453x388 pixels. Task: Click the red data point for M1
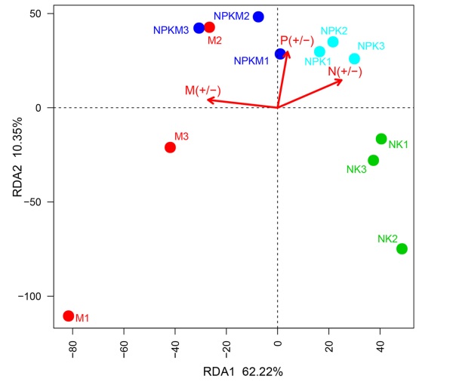[69, 316]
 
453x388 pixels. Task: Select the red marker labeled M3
[171, 147]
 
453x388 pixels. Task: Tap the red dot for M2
[209, 27]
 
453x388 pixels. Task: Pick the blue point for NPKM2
[258, 17]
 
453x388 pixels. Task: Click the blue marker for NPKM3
[199, 28]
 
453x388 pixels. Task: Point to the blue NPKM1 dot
[280, 54]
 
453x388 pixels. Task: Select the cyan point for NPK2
[333, 42]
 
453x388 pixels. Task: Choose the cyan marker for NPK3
[354, 59]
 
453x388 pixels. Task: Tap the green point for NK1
[381, 139]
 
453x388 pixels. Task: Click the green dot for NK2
[402, 248]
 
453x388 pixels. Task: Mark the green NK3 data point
[373, 160]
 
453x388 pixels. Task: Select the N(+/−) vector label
[345, 72]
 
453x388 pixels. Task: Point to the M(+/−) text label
[202, 91]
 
